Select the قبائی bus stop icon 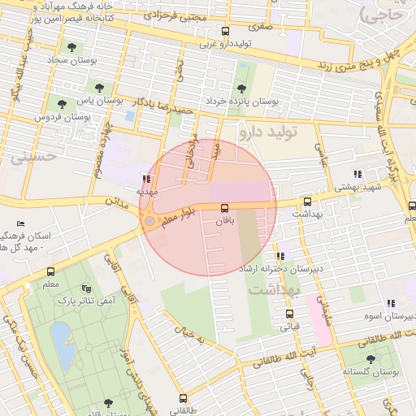pyautogui.click(x=289, y=314)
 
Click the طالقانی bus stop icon pyautogui.click(x=183, y=399)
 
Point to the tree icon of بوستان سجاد pyautogui.click(x=73, y=48)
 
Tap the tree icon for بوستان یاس pyautogui.click(x=99, y=88)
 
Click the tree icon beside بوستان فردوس pyautogui.click(x=63, y=102)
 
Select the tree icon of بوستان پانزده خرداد pyautogui.click(x=240, y=89)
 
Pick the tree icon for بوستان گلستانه pyautogui.click(x=370, y=358)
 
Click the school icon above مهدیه pyautogui.click(x=146, y=180)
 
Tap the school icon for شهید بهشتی pyautogui.click(x=357, y=174)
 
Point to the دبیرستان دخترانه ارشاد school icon pyautogui.click(x=280, y=256)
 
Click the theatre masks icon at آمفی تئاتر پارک pyautogui.click(x=87, y=288)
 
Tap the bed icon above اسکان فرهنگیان pyautogui.click(x=20, y=223)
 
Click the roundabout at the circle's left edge pyautogui.click(x=149, y=220)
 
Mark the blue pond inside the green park pyautogui.click(x=60, y=335)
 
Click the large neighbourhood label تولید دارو pyautogui.click(x=269, y=130)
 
